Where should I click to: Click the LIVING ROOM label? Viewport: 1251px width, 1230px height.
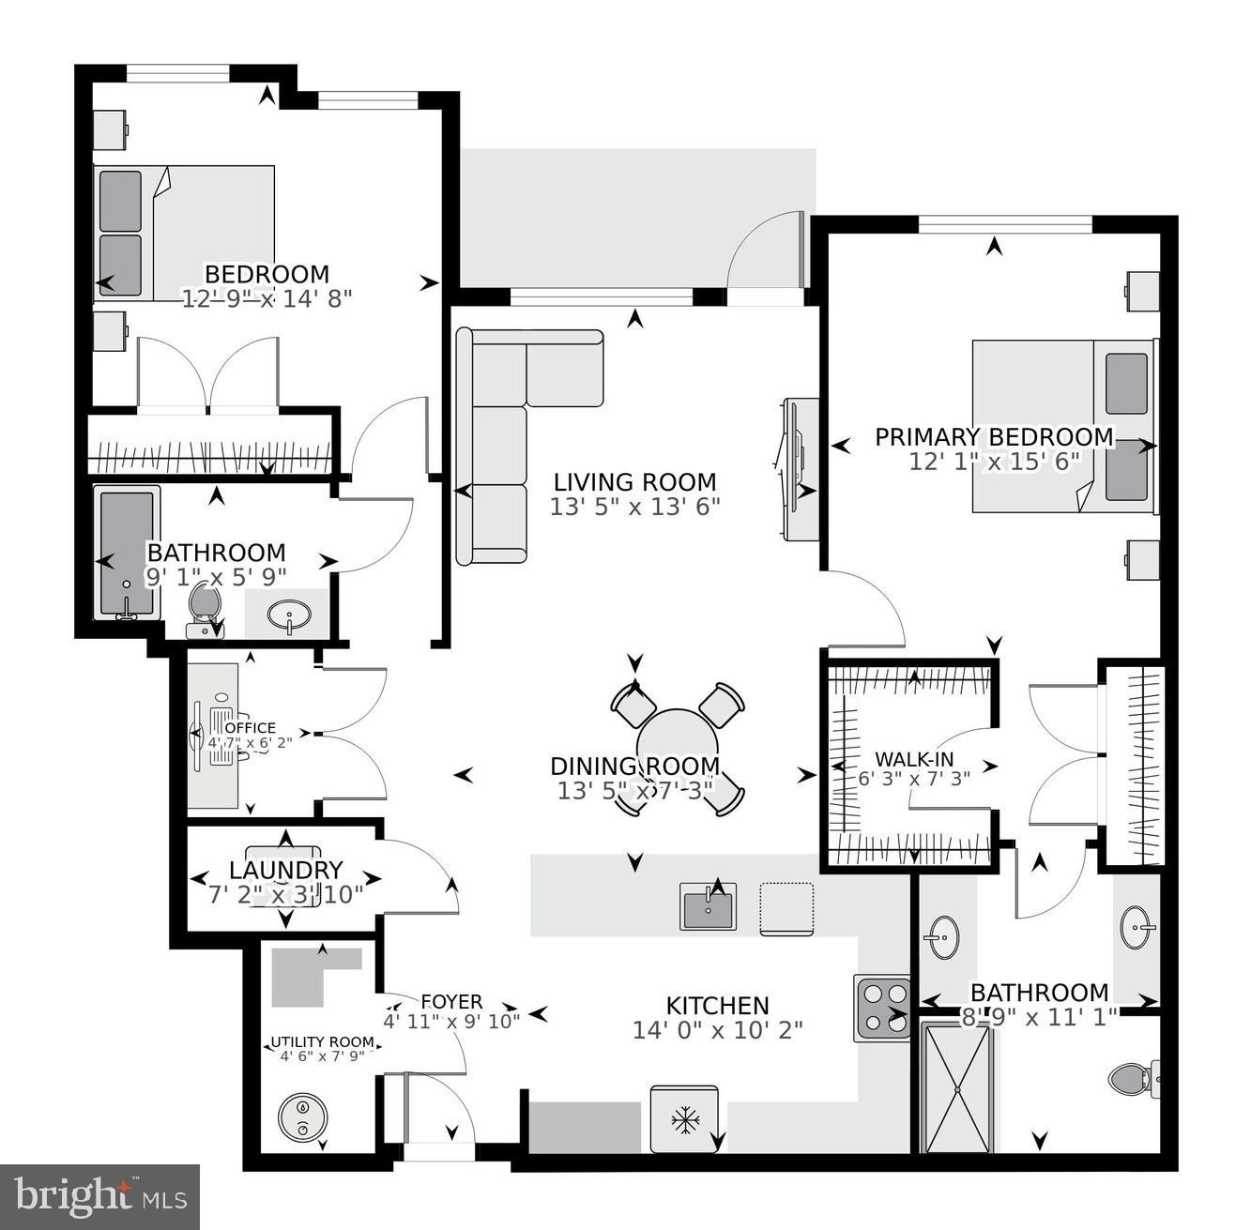[x=634, y=482]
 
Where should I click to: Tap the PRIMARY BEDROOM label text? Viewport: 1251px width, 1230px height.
[x=994, y=437]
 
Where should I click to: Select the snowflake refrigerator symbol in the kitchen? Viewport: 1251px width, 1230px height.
[x=685, y=1119]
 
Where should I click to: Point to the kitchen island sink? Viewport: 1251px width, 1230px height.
[x=709, y=907]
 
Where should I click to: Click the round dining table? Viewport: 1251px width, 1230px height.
[x=678, y=741]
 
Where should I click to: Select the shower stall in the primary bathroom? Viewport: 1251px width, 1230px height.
[x=958, y=1087]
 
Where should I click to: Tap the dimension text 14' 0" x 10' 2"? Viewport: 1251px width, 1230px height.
[x=718, y=1030]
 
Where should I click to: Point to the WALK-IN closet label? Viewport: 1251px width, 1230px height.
[x=908, y=758]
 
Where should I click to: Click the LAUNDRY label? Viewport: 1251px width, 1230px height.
[x=286, y=871]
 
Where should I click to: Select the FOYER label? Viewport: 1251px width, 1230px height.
[x=451, y=1002]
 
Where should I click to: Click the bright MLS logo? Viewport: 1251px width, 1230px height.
[x=100, y=1196]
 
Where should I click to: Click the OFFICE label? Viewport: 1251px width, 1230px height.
[x=251, y=727]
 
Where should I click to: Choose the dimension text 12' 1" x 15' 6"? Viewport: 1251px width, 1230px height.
[x=995, y=462]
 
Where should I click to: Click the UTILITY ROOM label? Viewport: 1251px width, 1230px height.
[x=322, y=1042]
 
